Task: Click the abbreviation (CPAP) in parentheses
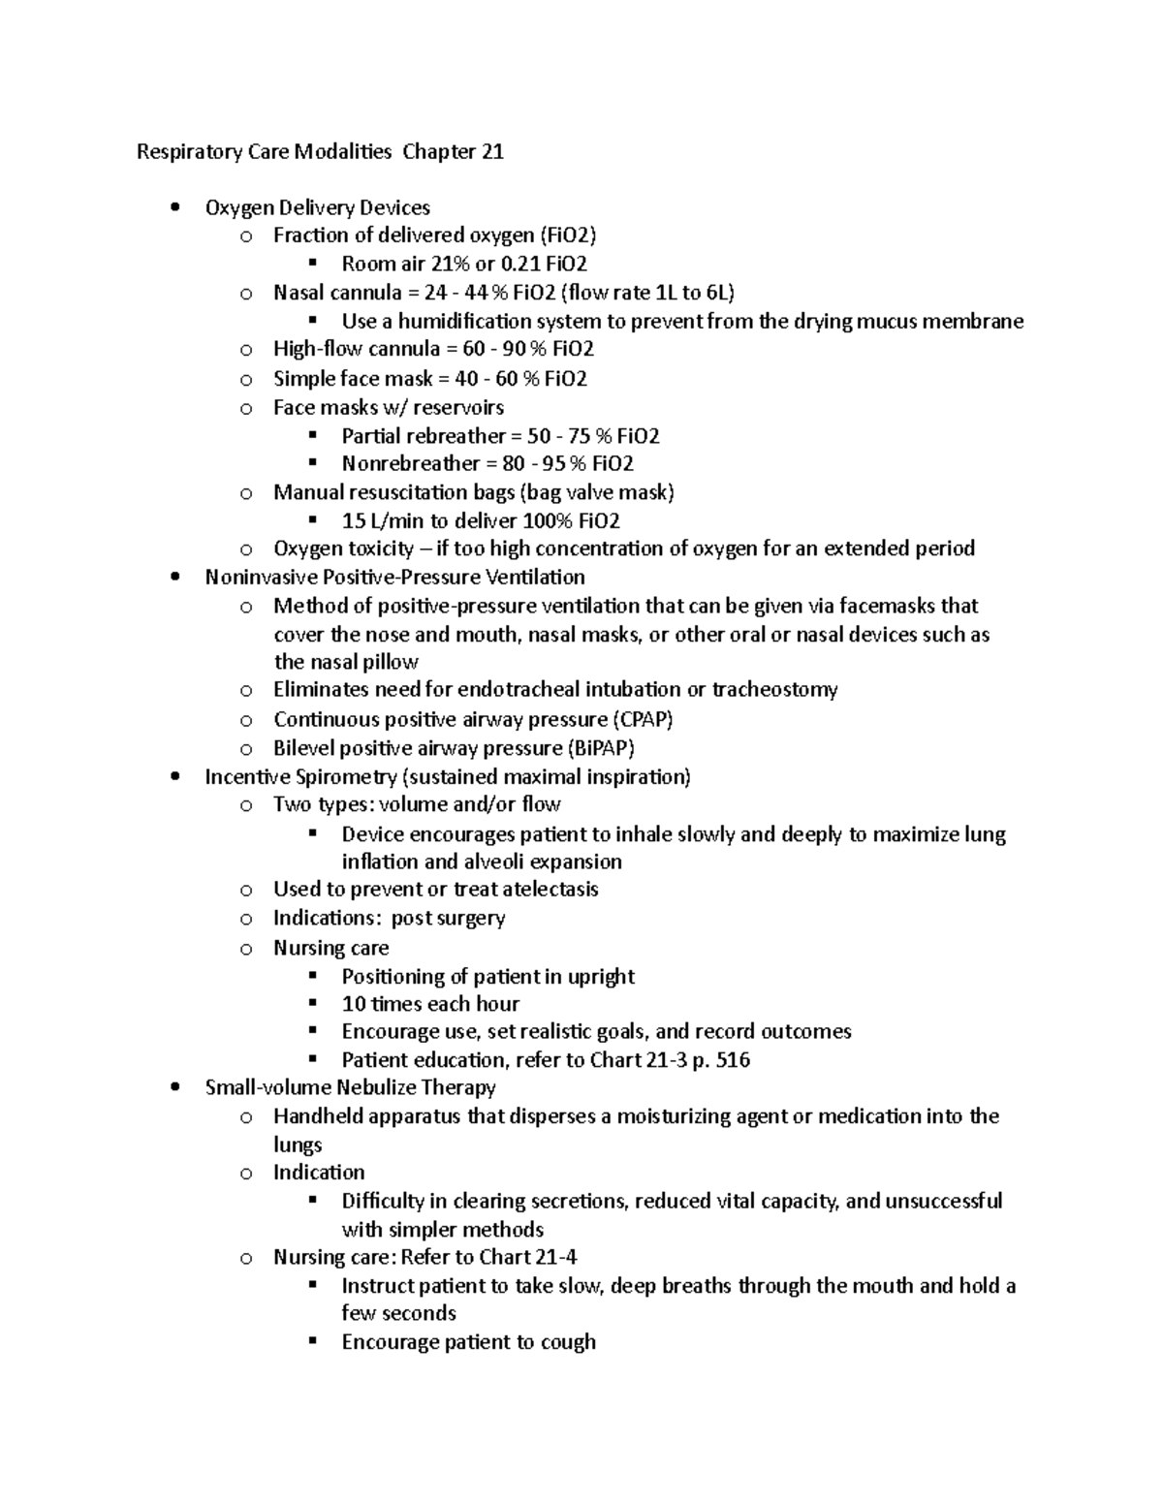coord(642,719)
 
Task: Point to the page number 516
coord(732,1060)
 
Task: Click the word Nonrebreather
coord(411,464)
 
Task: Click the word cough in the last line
coord(568,1343)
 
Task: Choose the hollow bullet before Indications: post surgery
coord(246,919)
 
